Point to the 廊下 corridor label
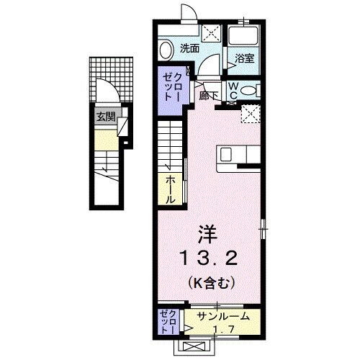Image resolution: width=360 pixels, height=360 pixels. point(210,96)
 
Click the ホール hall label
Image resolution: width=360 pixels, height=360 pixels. point(170,188)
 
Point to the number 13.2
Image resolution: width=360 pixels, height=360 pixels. point(207,257)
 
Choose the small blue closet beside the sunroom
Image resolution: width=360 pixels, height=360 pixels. point(166,322)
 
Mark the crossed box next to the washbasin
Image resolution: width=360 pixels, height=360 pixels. point(210,33)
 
